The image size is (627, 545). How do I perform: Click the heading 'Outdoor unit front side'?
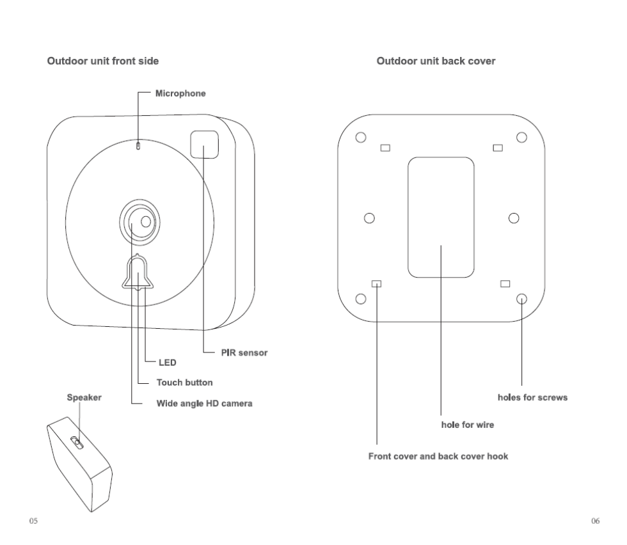[x=103, y=61]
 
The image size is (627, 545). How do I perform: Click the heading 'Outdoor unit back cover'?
[x=436, y=61]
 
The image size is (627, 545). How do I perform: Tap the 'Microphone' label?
[x=180, y=93]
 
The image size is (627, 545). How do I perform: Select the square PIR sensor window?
[x=205, y=145]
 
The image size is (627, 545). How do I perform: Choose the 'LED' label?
[x=166, y=363]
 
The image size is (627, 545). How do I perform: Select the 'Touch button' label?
[x=184, y=383]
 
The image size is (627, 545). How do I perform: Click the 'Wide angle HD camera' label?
[x=205, y=404]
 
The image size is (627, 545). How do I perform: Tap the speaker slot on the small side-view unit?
[x=76, y=441]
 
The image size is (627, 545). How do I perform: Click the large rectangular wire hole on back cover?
[x=441, y=217]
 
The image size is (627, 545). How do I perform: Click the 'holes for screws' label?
[x=532, y=397]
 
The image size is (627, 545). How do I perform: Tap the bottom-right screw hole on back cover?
[x=521, y=298]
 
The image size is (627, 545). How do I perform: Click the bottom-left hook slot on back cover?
[x=377, y=283]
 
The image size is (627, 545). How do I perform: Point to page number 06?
[x=595, y=521]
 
